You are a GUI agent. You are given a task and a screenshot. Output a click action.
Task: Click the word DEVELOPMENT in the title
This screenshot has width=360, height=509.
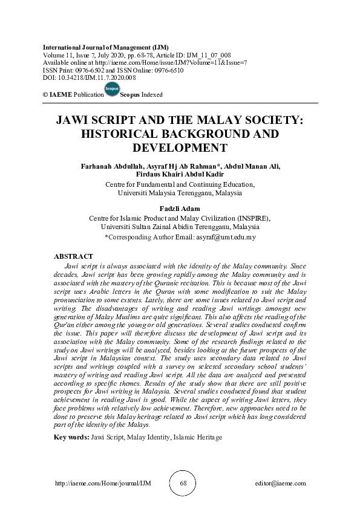[180, 147]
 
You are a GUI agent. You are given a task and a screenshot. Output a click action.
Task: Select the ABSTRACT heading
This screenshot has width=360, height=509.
[73, 257]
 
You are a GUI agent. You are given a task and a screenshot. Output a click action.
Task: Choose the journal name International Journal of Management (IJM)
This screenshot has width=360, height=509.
[105, 47]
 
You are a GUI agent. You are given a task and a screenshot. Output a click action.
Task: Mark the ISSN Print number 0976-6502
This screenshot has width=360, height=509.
[87, 70]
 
